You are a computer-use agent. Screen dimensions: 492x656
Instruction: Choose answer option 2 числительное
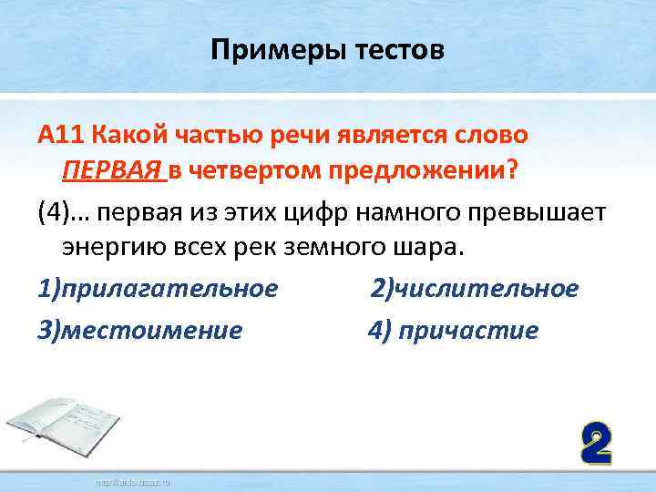click(x=474, y=289)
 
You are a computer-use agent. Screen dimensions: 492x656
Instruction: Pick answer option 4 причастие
click(x=453, y=329)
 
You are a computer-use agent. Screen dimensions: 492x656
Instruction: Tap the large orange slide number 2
click(x=595, y=445)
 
